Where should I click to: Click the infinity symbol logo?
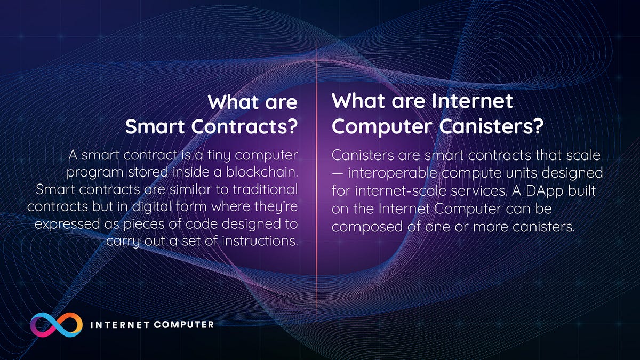57,324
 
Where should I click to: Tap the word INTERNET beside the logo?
118,324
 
